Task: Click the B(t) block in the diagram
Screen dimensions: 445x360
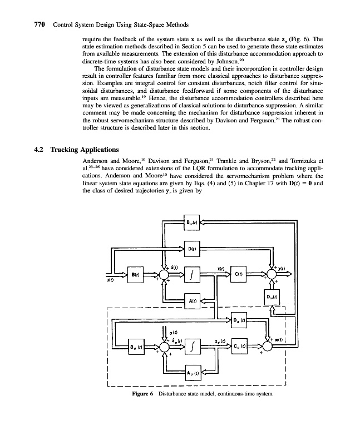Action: [136, 274]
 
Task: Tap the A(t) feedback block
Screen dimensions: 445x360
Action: [191, 300]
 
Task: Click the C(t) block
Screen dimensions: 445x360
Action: [238, 274]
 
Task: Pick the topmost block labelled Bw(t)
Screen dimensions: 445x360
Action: [191, 222]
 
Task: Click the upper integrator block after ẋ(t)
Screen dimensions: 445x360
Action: [191, 274]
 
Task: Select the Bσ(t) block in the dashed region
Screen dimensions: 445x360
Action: [136, 347]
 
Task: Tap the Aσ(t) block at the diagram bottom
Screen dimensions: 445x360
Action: [191, 373]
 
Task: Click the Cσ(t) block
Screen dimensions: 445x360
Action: [238, 347]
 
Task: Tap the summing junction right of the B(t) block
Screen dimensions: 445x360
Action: [165, 274]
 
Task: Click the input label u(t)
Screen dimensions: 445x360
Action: [111, 281]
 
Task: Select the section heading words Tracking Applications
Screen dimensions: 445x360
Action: [84, 150]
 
